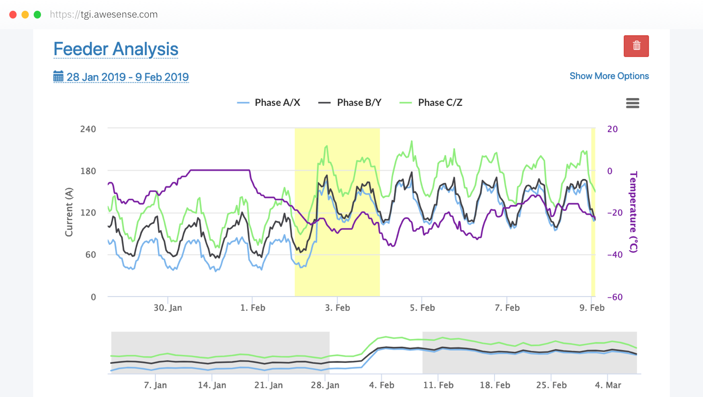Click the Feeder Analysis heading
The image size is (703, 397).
pos(116,49)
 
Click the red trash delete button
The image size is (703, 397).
pos(636,46)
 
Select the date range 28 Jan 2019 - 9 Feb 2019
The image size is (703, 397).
pos(127,77)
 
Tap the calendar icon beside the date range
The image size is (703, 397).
pos(59,77)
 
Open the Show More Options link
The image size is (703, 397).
pos(609,76)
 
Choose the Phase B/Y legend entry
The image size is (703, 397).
pos(350,102)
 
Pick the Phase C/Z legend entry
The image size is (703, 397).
pos(431,102)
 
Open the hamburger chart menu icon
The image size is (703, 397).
pos(632,103)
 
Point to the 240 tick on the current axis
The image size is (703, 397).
pos(88,129)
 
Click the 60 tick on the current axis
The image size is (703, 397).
pos(91,255)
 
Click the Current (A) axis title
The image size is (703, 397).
pos(69,213)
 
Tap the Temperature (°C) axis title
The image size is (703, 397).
pos(633,212)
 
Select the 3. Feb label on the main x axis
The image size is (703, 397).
pos(337,308)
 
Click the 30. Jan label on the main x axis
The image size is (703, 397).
pos(168,308)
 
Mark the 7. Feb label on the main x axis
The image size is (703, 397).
pos(507,308)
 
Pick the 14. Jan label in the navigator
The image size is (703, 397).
pos(212,385)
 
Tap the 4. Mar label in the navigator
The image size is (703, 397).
pos(607,385)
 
